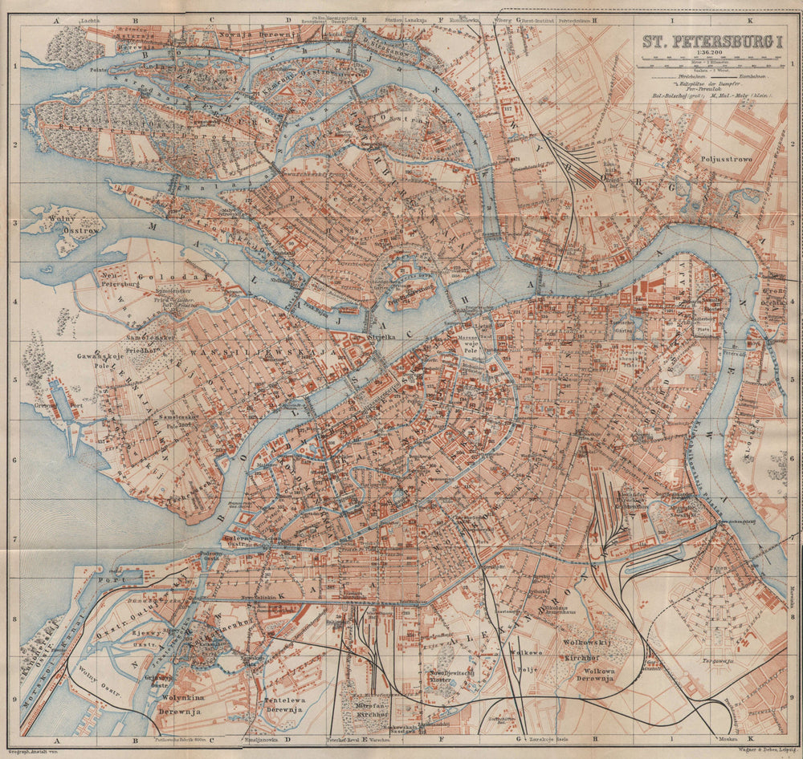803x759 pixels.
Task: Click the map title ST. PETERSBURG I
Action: point(710,43)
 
